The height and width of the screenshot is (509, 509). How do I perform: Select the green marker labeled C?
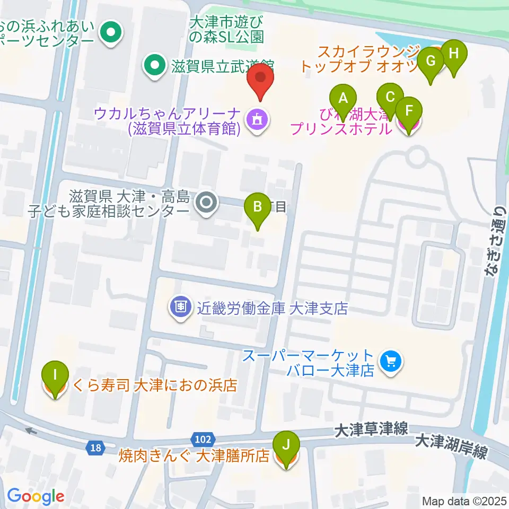[390, 97]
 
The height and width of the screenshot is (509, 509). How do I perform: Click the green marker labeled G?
[431, 61]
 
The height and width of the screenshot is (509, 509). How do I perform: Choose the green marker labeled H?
[453, 54]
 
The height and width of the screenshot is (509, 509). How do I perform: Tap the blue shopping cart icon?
[391, 363]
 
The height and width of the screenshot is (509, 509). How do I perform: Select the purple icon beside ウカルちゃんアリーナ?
[257, 120]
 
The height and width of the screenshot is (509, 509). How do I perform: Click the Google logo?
[36, 496]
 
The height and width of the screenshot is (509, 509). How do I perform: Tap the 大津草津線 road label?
[371, 429]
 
